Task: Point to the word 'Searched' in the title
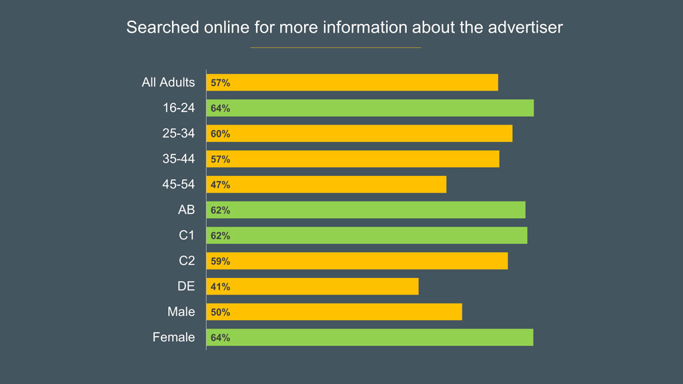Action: point(157,27)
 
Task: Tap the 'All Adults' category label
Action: point(168,83)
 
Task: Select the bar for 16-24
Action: point(370,108)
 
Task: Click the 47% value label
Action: point(220,185)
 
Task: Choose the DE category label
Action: point(186,287)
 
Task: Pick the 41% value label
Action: point(220,287)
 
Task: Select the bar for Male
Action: point(334,312)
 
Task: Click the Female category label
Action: point(173,337)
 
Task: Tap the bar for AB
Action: point(366,210)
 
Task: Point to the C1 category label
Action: point(187,235)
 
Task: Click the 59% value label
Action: point(220,261)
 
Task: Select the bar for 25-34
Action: point(360,133)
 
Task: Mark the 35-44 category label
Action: point(179,159)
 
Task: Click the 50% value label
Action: point(220,312)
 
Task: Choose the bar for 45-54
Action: point(326,185)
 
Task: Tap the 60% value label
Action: point(220,134)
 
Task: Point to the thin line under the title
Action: point(335,47)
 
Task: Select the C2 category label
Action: point(187,261)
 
